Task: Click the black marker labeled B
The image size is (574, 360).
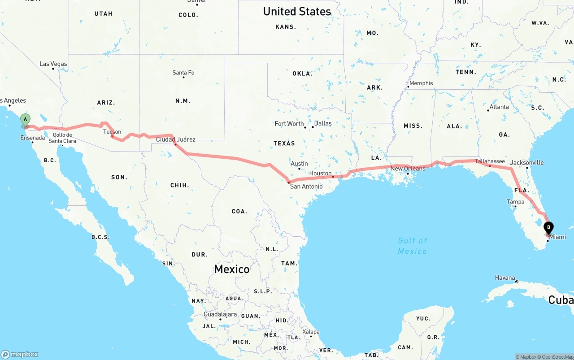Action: pos(548,228)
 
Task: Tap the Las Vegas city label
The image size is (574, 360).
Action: pos(53,64)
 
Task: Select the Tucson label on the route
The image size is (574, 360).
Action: pos(112,132)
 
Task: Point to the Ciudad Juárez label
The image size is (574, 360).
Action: pos(175,139)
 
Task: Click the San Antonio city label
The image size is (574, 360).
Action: pos(306,186)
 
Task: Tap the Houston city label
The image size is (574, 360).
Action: pos(320,173)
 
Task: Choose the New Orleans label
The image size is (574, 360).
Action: pos(408,169)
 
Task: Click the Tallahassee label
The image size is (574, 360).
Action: pos(490,161)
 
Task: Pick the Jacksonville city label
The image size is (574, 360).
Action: pos(527,162)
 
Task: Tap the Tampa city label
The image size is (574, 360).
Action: pos(515,202)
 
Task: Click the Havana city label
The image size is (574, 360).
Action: pos(505,278)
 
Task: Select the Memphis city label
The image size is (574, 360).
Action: pos(421,83)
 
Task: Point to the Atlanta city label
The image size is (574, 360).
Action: pos(499,107)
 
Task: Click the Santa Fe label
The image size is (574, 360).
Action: pos(183,73)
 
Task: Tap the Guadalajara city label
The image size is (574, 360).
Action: pos(220,314)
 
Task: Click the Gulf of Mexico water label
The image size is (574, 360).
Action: pos(413,246)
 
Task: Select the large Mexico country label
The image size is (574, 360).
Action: pos(231,269)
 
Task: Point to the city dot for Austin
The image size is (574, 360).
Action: pos(299,169)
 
